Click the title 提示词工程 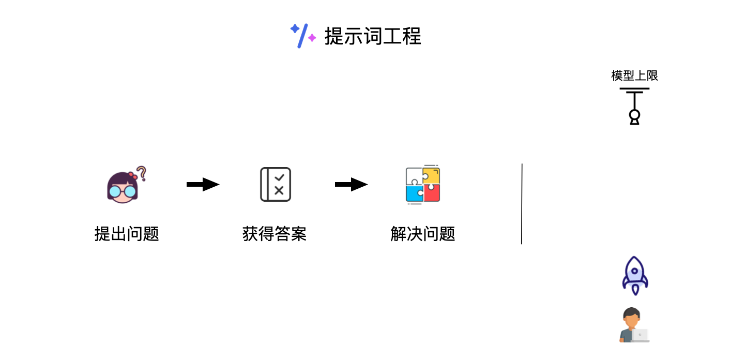click(x=372, y=36)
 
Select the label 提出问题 click(x=127, y=234)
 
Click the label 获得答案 click(x=275, y=234)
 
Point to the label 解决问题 click(x=423, y=234)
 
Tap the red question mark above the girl click(x=141, y=173)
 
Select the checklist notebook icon click(x=276, y=184)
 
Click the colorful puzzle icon click(x=423, y=184)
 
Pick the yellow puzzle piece click(x=432, y=175)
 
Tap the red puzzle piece click(x=432, y=193)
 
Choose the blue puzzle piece click(x=414, y=193)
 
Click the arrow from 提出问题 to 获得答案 click(x=203, y=184)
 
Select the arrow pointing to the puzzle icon click(x=351, y=184)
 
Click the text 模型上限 click(x=634, y=76)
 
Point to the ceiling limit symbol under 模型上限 click(x=634, y=106)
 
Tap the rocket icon click(x=635, y=275)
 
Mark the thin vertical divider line click(x=522, y=204)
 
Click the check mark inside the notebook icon click(x=280, y=177)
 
